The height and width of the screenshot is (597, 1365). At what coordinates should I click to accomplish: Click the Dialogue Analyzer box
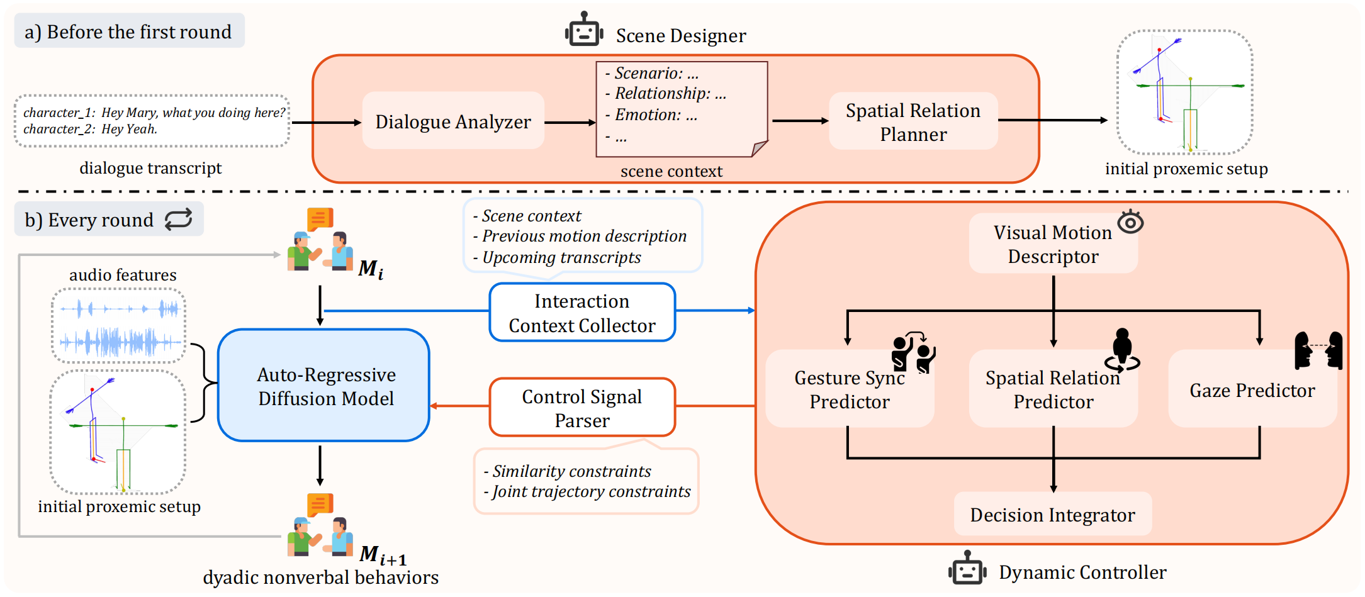(453, 121)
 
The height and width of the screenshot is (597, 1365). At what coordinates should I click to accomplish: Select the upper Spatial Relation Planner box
(913, 121)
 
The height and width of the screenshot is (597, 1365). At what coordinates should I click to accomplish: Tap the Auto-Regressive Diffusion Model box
(325, 386)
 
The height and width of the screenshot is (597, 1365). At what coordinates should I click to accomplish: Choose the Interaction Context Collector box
(581, 313)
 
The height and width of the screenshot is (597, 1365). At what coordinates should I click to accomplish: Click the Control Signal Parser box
(581, 408)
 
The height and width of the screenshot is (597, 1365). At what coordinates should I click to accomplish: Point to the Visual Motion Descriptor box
(1052, 244)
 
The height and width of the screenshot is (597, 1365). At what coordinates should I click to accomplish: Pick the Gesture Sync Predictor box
(849, 389)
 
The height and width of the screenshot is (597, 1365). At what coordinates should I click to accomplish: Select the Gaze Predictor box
(1252, 390)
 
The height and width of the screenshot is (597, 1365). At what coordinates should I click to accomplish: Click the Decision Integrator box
(1052, 515)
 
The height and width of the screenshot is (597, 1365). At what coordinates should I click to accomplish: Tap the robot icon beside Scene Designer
(584, 30)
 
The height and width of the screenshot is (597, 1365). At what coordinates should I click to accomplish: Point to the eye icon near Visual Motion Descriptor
(1130, 221)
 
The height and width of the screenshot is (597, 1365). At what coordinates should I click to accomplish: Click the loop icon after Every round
(179, 219)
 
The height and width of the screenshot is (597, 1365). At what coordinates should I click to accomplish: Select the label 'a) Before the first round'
(128, 31)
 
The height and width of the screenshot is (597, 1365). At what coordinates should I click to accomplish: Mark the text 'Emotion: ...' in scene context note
(655, 115)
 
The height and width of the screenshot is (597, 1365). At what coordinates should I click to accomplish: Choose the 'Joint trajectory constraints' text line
(590, 491)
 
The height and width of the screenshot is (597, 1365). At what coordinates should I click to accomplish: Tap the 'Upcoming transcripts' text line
(561, 257)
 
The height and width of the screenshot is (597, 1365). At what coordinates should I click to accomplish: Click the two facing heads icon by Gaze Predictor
(1318, 350)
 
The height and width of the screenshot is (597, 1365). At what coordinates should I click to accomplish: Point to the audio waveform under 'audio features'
(119, 326)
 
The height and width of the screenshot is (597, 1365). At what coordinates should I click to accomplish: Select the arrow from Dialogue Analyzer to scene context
(570, 122)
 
